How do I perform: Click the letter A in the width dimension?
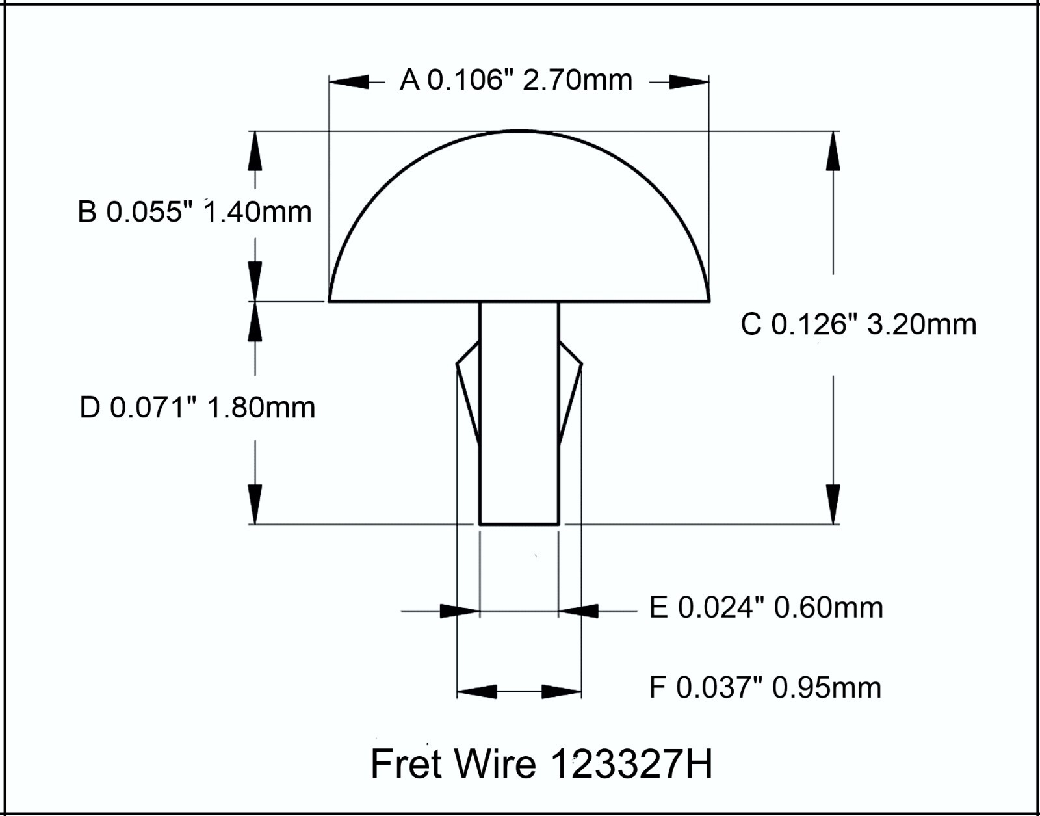(409, 81)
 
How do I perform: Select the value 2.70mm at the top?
(577, 81)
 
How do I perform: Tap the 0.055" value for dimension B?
(145, 212)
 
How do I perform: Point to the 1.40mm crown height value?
(258, 212)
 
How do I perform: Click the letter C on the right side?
(751, 324)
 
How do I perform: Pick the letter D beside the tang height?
(90, 408)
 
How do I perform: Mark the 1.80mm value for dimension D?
(261, 408)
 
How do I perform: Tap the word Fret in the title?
(407, 763)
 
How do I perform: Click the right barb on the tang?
(570, 390)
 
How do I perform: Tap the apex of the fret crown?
(518, 131)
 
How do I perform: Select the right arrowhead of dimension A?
(689, 82)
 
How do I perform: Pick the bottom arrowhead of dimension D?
(255, 504)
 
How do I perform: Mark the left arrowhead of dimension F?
(477, 691)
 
